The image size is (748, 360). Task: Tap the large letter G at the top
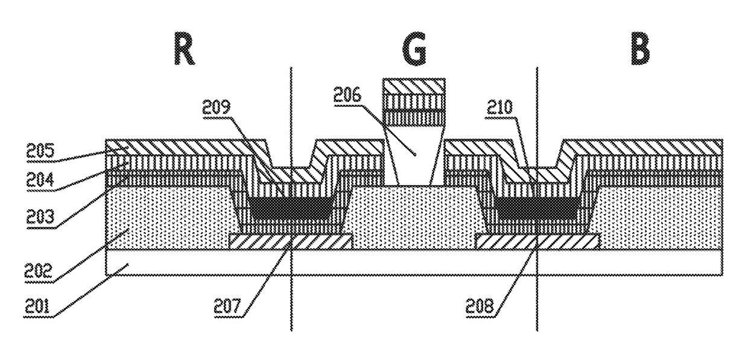(414, 51)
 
